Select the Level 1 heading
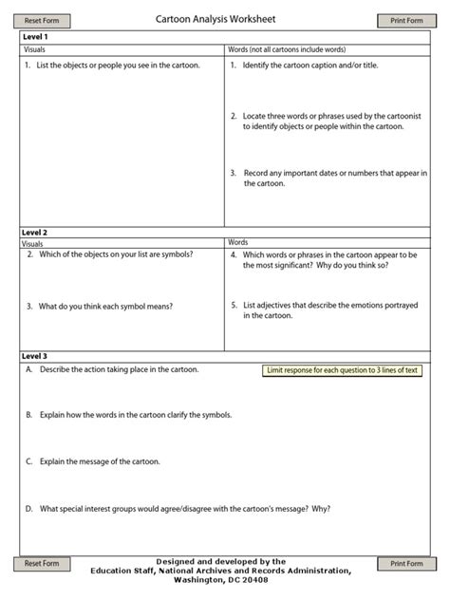tap(35, 36)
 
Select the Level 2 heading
tap(35, 232)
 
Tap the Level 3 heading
tap(35, 356)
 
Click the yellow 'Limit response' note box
tap(342, 370)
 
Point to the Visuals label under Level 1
tap(34, 48)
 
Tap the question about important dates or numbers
tap(328, 178)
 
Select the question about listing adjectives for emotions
tap(328, 310)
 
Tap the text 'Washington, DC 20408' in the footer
tap(226, 579)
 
